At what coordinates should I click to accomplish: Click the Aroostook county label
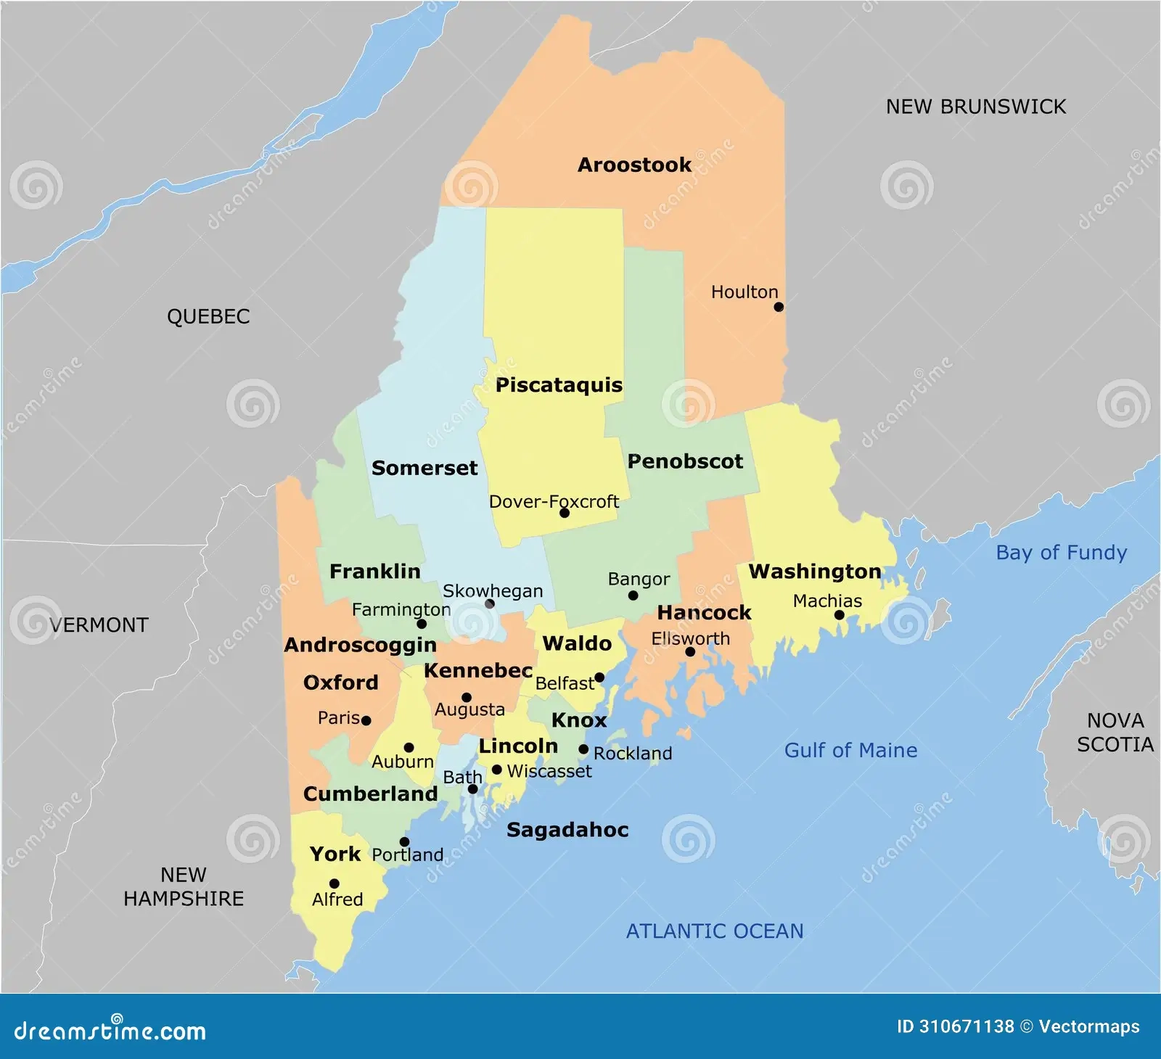click(634, 165)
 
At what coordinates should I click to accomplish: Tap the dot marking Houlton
click(779, 307)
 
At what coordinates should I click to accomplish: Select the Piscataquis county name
click(559, 385)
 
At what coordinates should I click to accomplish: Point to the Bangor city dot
click(633, 596)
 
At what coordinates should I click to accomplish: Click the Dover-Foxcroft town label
click(554, 501)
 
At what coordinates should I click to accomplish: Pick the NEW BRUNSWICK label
click(975, 107)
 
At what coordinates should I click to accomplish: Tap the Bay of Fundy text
click(1061, 553)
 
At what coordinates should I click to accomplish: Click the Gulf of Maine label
click(850, 750)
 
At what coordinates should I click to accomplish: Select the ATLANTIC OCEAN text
click(715, 931)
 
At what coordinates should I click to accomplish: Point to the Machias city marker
click(840, 615)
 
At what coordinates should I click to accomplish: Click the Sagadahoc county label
click(567, 830)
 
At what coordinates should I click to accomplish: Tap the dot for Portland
click(405, 842)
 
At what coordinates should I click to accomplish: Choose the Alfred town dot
click(335, 883)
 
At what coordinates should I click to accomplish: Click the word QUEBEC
click(208, 317)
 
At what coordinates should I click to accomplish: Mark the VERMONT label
click(99, 625)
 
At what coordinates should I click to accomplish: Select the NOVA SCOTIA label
click(1115, 733)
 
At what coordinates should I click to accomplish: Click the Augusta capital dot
click(467, 698)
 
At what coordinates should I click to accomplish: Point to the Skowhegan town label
click(493, 591)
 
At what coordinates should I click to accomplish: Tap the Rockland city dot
click(583, 749)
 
